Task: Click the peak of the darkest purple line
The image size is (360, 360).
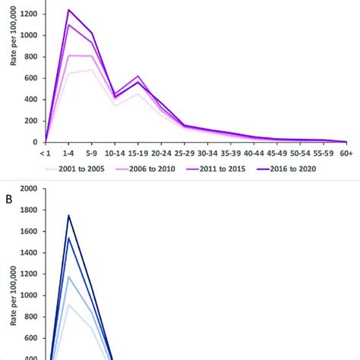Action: pyautogui.click(x=69, y=10)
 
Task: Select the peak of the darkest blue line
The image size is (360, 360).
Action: pyautogui.click(x=69, y=215)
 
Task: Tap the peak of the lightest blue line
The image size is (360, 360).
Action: pyautogui.click(x=69, y=304)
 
